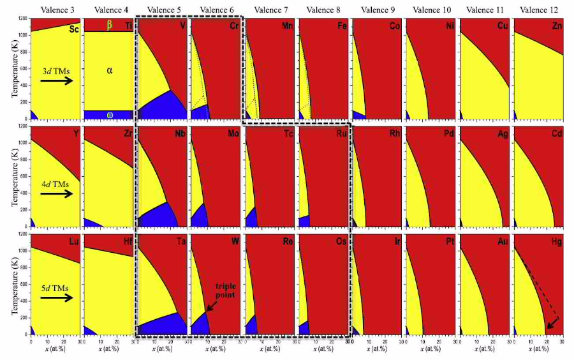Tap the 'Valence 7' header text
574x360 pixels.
(x=270, y=9)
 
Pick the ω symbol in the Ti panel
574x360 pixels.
(x=109, y=115)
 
